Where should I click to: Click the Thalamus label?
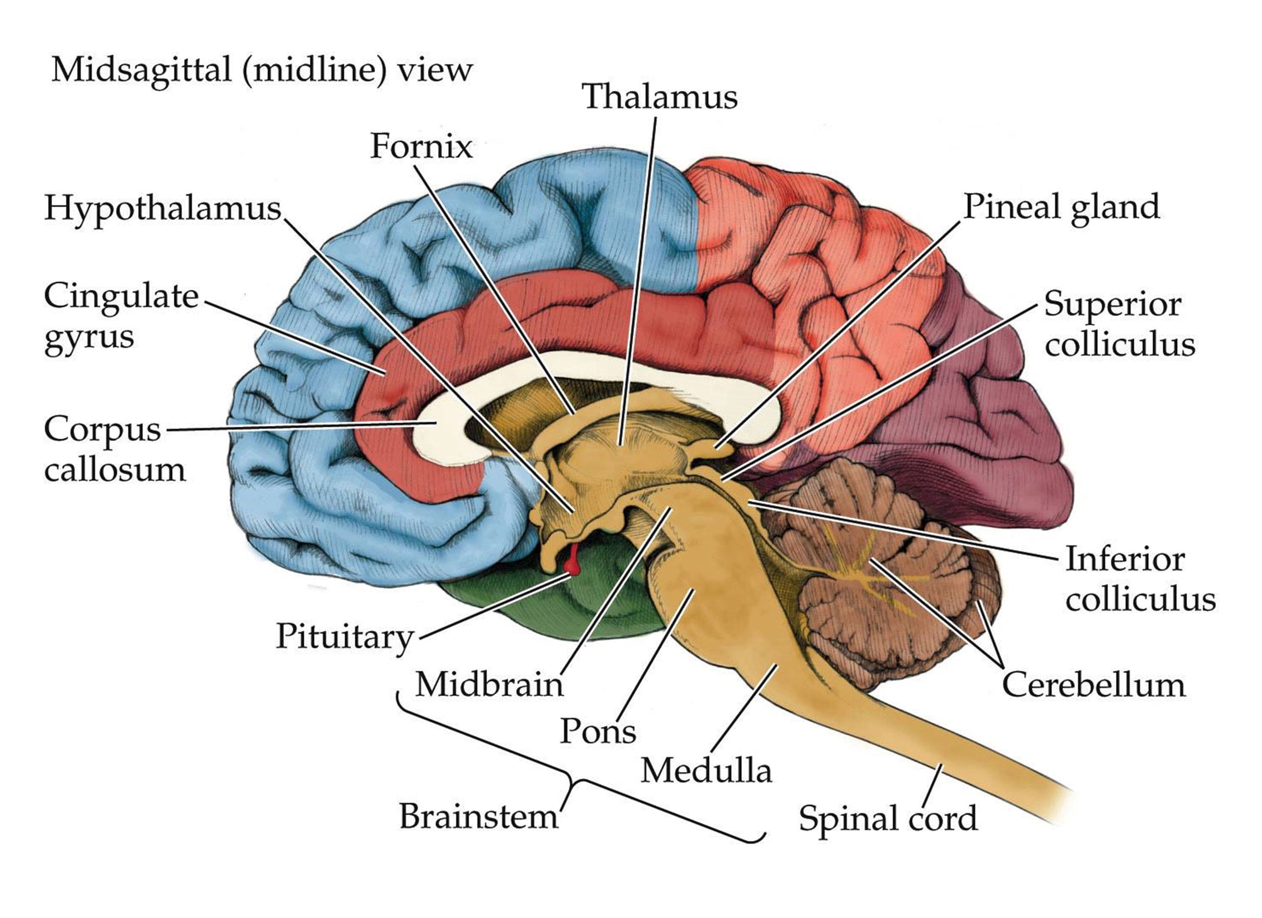click(659, 97)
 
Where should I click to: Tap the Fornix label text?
click(421, 147)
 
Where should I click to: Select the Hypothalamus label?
click(162, 209)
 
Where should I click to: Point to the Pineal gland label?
click(1061, 208)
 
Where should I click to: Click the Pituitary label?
click(344, 636)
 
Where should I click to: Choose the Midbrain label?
click(489, 684)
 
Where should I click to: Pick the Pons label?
click(598, 731)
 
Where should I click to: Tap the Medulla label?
click(706, 771)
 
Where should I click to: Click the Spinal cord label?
click(888, 818)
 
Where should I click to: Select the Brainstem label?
click(478, 817)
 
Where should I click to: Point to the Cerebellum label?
click(1093, 684)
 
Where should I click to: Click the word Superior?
click(1112, 304)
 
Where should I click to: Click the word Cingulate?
click(122, 296)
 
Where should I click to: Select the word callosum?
click(115, 469)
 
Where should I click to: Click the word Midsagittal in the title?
click(141, 70)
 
